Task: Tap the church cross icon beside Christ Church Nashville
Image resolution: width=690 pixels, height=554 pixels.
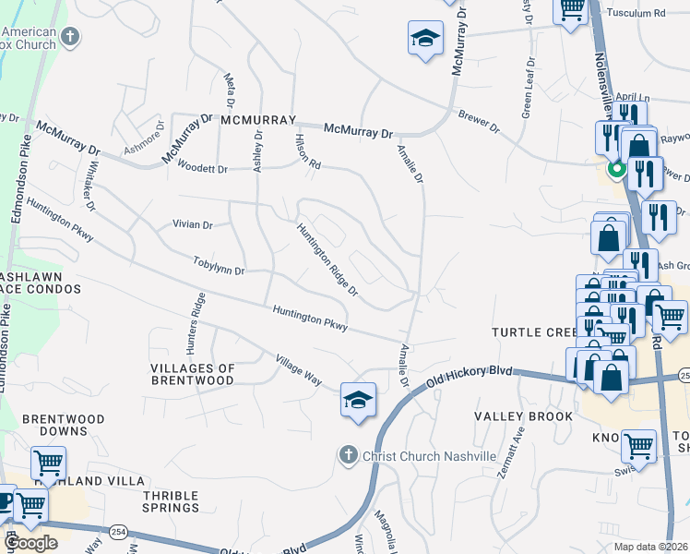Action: click(x=348, y=455)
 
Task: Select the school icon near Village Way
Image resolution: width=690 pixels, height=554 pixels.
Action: click(x=358, y=399)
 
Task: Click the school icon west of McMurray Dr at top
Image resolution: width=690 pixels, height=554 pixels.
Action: click(x=425, y=39)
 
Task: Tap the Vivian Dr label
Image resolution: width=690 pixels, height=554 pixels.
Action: click(x=193, y=224)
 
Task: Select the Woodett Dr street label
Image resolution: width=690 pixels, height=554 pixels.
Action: click(x=203, y=169)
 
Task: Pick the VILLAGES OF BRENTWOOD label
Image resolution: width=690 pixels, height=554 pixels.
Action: click(x=192, y=374)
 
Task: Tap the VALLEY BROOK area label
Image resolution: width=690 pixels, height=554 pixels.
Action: click(x=523, y=416)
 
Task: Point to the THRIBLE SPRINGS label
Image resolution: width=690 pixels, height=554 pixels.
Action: click(x=171, y=501)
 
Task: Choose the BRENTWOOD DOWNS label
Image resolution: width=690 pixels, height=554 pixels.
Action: click(x=63, y=425)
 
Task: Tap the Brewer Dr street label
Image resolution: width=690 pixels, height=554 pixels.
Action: click(x=479, y=122)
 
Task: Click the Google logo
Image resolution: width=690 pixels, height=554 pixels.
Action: click(x=30, y=543)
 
